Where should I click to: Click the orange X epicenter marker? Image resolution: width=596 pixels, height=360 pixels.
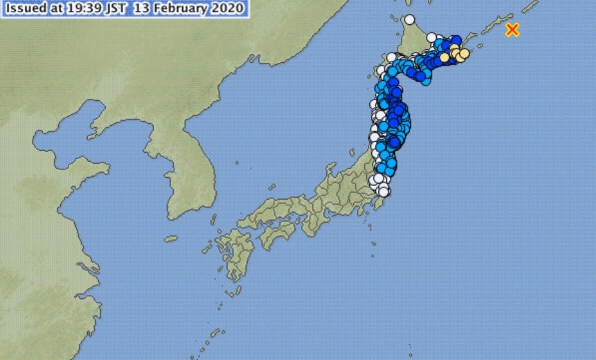[512, 30]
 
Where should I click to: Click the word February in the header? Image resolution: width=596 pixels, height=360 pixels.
[191, 9]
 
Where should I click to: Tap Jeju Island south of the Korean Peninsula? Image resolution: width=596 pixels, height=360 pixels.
[171, 238]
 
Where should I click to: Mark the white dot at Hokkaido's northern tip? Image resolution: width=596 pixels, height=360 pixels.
[409, 19]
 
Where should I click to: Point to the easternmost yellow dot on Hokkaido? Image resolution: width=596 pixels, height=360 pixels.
[465, 53]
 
